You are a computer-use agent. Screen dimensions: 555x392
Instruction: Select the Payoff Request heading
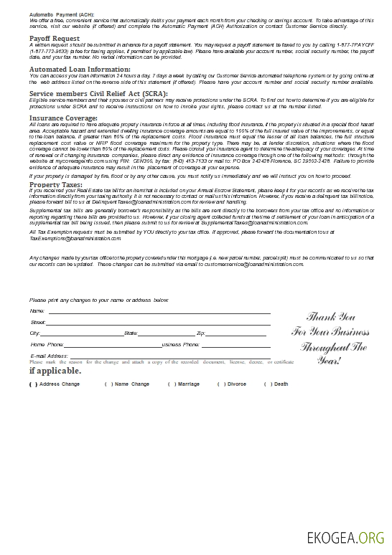pos(55,38)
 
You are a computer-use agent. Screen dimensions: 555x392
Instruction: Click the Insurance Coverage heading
pos(63,118)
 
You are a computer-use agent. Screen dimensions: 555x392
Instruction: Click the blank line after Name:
pos(158,312)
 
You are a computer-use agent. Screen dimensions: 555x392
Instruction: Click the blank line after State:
pos(166,334)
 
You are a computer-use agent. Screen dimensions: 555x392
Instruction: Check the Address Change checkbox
pos(33,384)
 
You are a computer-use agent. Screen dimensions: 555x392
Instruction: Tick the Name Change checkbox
pos(108,384)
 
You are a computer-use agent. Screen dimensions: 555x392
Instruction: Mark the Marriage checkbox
pos(171,384)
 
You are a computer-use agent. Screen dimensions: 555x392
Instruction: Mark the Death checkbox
pos(267,384)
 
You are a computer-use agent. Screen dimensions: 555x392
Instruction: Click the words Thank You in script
pos(331,316)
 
